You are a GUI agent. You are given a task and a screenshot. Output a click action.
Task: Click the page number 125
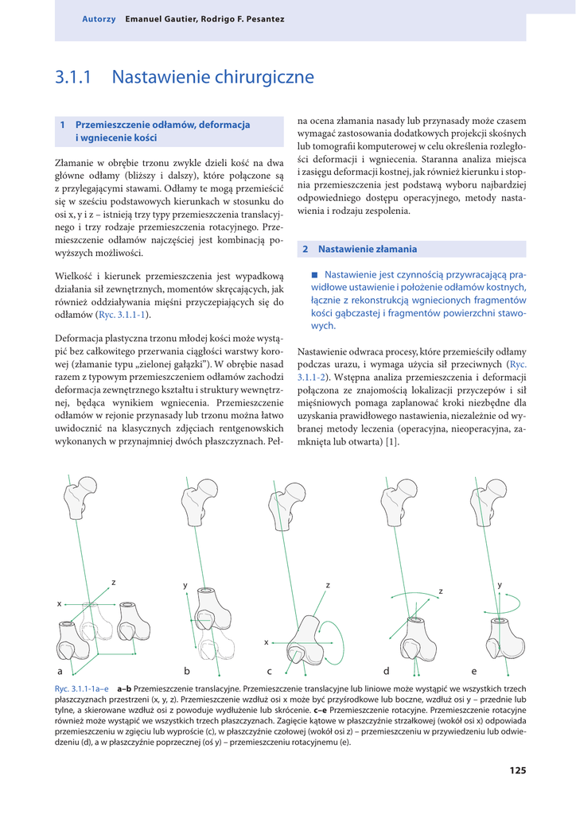517,770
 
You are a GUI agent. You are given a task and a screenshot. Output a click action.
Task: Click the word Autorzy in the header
99,18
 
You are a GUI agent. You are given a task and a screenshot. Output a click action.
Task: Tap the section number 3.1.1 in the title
73,77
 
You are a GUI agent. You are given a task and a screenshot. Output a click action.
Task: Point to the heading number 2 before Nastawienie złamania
306,249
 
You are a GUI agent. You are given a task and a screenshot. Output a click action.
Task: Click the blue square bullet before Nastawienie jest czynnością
314,274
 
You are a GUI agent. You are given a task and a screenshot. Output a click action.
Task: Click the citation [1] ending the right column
391,442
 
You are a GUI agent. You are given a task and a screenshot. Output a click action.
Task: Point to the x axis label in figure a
59,604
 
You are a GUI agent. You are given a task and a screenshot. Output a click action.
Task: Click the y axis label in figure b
185,585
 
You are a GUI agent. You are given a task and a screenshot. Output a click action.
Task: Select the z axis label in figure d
440,591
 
